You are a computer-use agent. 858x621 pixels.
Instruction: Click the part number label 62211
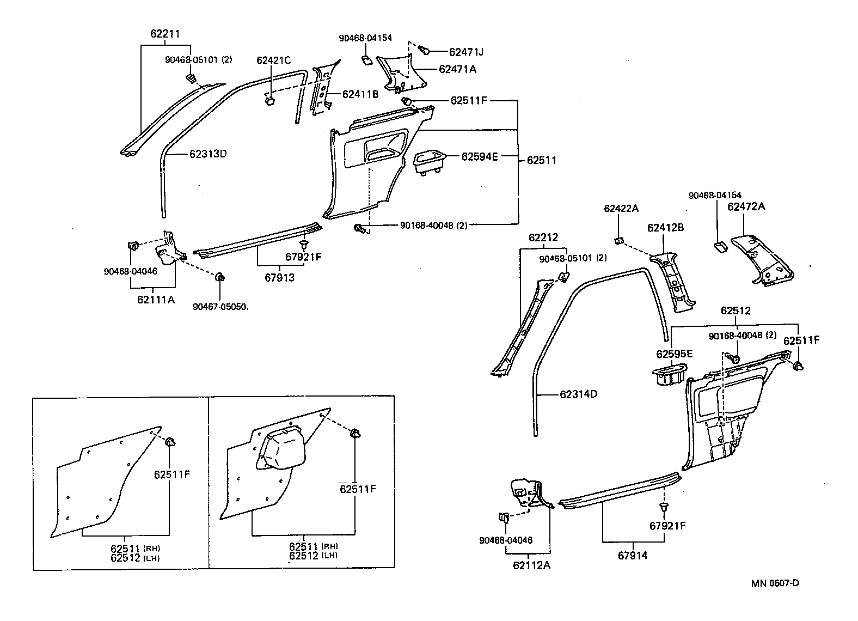(165, 34)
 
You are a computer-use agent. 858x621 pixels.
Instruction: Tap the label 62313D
(207, 154)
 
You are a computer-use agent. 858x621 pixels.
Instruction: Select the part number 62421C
(274, 60)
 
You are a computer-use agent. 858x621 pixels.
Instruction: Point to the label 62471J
(466, 52)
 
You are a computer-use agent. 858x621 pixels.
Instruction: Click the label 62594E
(480, 156)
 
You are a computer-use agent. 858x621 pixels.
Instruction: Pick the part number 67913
(279, 278)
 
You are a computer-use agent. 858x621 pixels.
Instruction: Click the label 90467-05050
(220, 307)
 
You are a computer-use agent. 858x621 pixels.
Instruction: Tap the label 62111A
(156, 299)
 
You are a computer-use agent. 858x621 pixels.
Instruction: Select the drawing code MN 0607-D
(775, 583)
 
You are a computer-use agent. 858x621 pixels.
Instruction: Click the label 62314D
(578, 394)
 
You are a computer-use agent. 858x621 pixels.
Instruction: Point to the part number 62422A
(621, 209)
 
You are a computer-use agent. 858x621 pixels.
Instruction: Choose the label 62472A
(746, 206)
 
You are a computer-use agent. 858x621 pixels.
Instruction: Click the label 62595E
(674, 354)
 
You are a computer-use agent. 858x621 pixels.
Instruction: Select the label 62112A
(531, 565)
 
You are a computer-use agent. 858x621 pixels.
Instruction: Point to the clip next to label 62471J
(425, 51)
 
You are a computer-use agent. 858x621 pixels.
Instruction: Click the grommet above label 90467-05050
(220, 278)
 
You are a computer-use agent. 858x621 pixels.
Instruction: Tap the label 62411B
(360, 94)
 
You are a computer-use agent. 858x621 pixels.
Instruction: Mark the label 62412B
(665, 228)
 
